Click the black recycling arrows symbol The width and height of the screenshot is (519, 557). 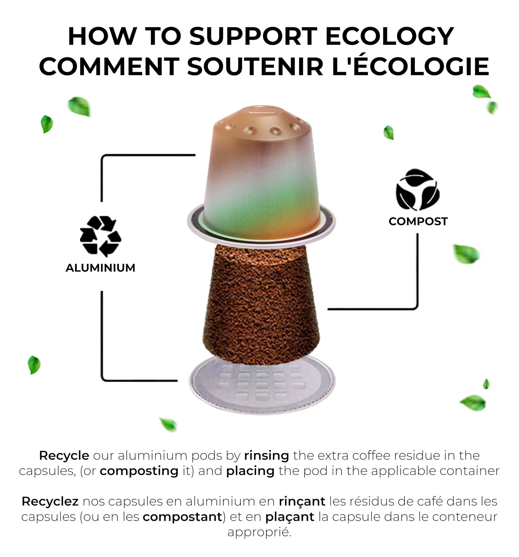pyautogui.click(x=100, y=236)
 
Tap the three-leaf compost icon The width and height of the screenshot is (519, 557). pyautogui.click(x=418, y=190)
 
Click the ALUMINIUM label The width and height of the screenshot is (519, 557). pyautogui.click(x=100, y=268)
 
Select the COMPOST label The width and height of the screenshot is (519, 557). pyautogui.click(x=418, y=221)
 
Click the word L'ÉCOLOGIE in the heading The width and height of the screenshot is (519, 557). pyautogui.click(x=410, y=66)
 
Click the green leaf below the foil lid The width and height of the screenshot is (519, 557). pyautogui.click(x=168, y=425)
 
